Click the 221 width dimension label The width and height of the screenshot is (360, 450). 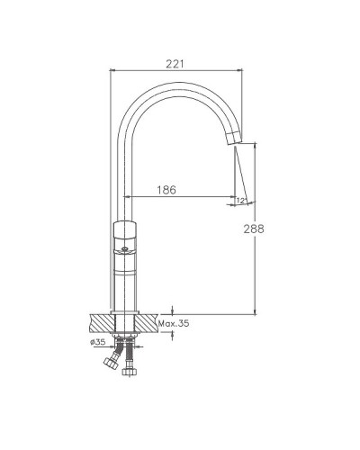175,64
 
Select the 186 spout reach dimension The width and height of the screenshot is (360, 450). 166,190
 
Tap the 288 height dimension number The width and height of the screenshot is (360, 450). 254,229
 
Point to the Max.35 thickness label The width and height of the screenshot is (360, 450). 174,323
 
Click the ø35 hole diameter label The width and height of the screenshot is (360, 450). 98,342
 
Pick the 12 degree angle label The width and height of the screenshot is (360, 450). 241,201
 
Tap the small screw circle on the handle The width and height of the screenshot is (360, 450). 124,248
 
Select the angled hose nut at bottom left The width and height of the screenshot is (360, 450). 110,362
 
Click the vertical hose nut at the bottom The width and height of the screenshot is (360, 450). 130,372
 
